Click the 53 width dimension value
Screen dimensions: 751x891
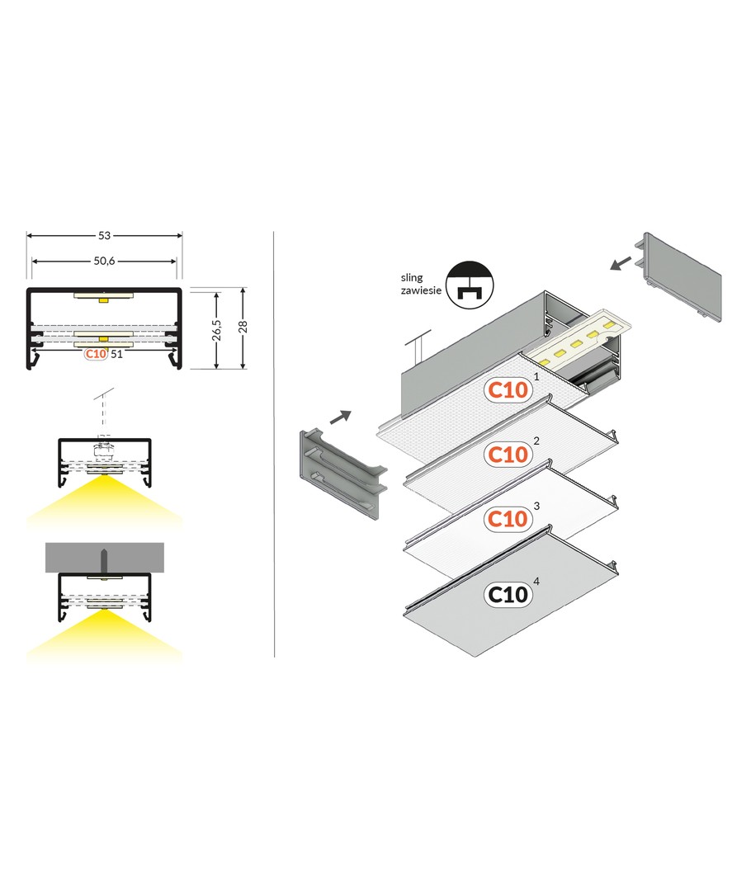click(104, 234)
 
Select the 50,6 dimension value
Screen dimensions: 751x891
click(104, 261)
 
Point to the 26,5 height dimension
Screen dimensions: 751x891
click(216, 330)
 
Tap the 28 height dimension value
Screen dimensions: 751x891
click(243, 327)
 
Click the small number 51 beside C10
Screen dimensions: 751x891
click(116, 354)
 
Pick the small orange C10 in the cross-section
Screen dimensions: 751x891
click(96, 354)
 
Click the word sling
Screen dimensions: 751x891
click(412, 278)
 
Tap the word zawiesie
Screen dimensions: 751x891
click(421, 290)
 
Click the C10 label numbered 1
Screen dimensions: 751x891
click(508, 390)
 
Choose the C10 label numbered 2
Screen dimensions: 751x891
click(508, 455)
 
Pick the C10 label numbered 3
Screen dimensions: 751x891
click(508, 519)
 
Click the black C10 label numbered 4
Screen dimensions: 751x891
click(508, 594)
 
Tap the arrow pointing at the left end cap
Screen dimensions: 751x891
click(341, 417)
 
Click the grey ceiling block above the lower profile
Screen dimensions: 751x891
click(105, 558)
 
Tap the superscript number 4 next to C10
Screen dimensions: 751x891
click(536, 582)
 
